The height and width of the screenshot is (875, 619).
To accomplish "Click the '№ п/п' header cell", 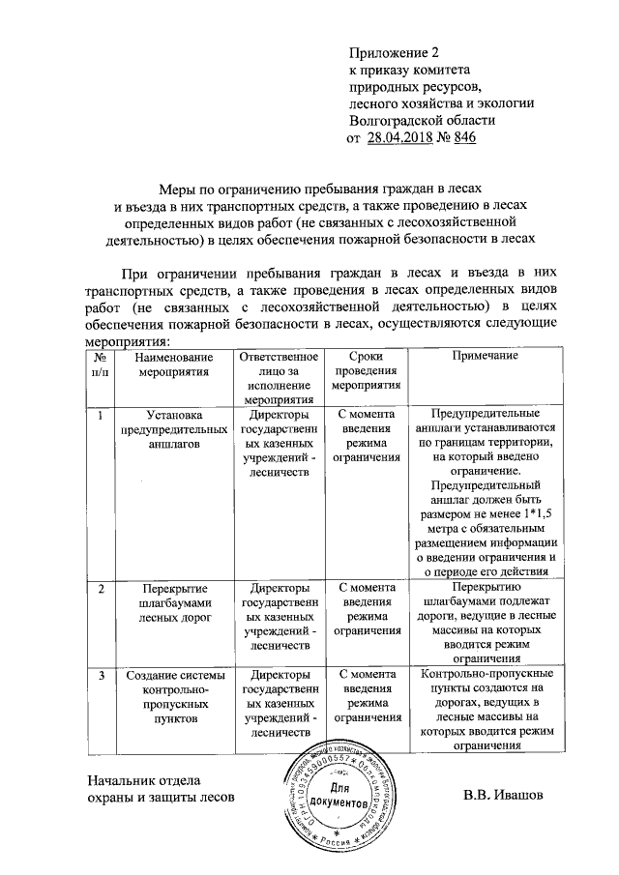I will click(100, 364).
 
